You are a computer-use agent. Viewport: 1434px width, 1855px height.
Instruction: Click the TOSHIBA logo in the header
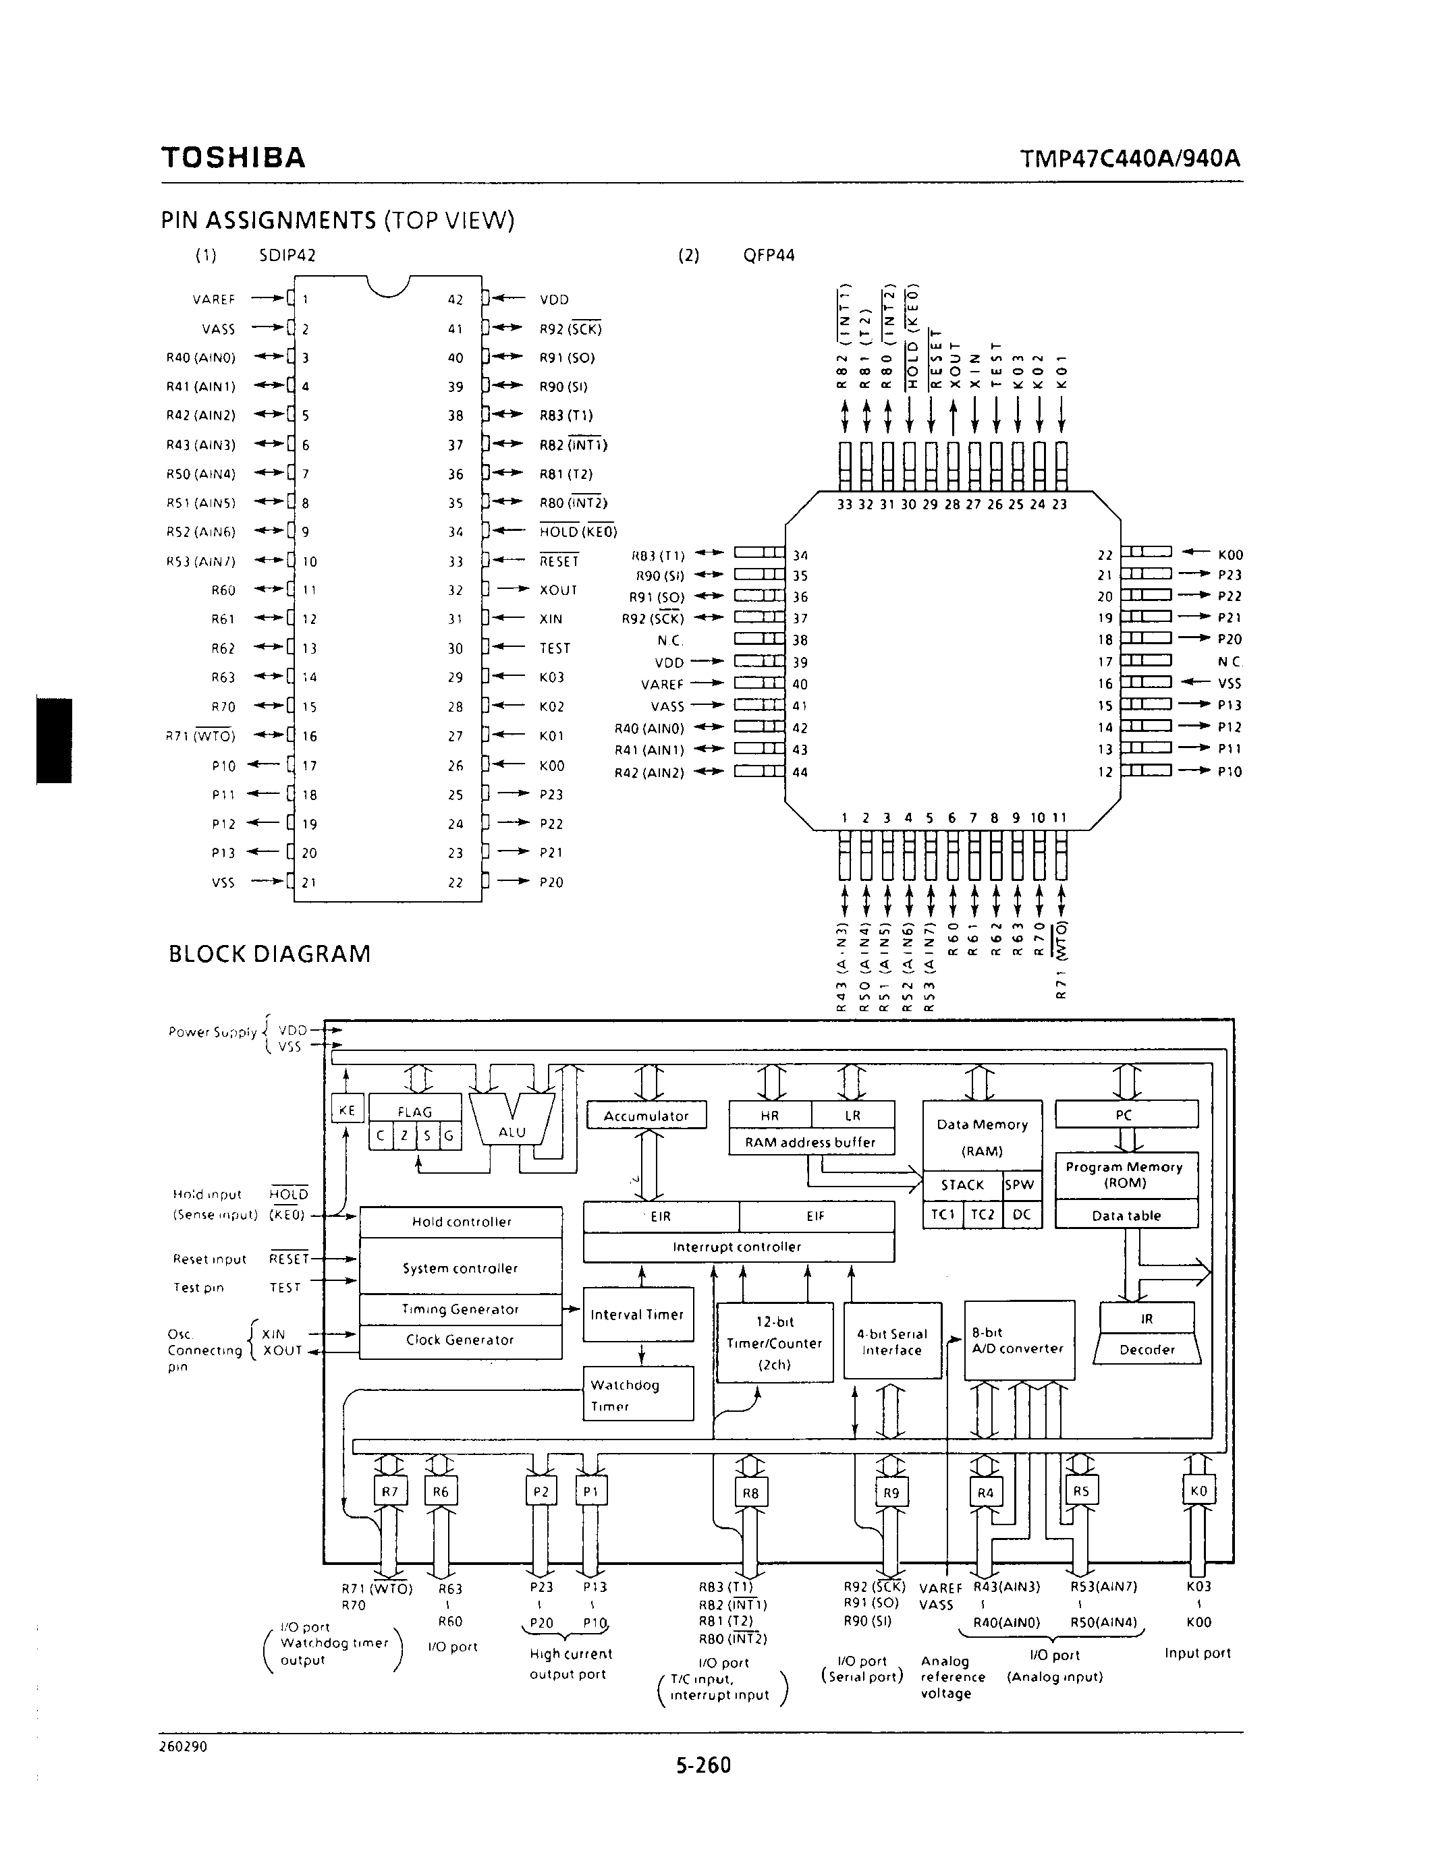[233, 158]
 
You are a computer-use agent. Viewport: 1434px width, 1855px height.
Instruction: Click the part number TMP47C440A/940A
[1130, 159]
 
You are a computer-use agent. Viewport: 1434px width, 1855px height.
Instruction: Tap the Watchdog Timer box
[637, 1395]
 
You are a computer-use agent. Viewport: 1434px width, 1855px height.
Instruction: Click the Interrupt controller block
[738, 1247]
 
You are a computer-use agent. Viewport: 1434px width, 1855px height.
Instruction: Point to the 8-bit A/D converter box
[1018, 1340]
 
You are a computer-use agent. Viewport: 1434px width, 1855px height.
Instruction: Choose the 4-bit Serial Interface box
[892, 1341]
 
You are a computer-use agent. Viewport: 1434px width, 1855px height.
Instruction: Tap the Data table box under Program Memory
[1126, 1216]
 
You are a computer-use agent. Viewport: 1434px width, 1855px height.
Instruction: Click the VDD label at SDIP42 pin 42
[554, 299]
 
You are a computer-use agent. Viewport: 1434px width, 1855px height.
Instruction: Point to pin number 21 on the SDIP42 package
[309, 882]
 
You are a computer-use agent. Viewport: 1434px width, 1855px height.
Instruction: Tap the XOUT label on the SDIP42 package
[558, 590]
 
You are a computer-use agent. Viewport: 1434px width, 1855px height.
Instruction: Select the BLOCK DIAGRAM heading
[269, 954]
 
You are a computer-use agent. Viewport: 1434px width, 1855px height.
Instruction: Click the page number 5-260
[703, 1766]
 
